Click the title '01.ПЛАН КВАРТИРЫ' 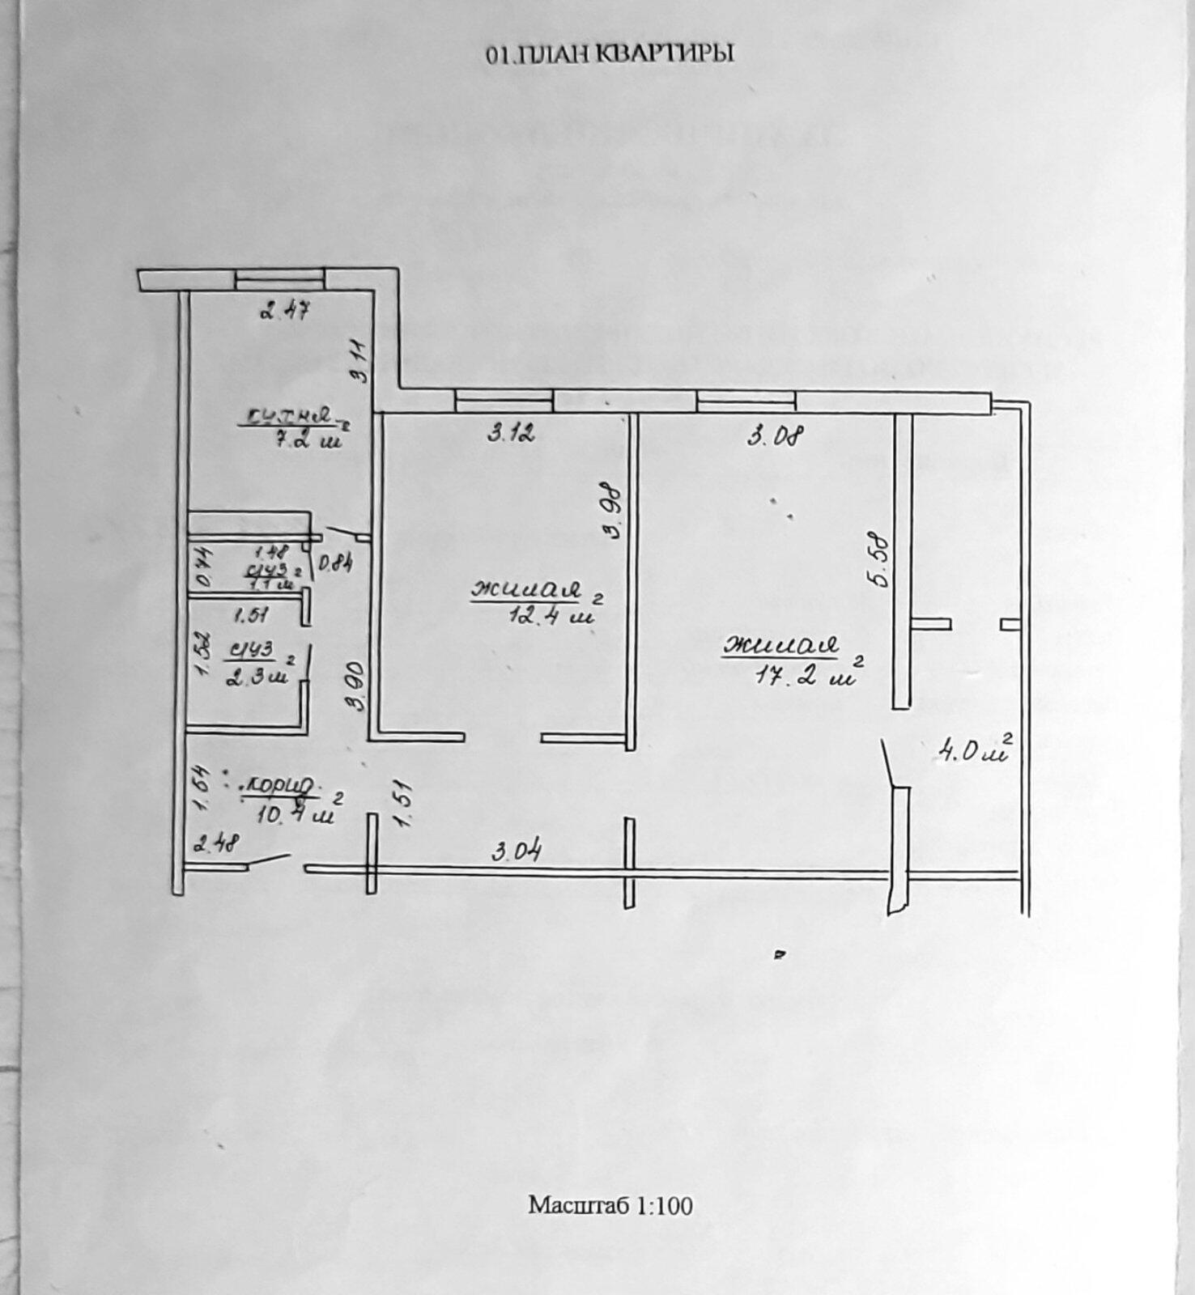pyautogui.click(x=610, y=54)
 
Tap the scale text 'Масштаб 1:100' pyautogui.click(x=610, y=1205)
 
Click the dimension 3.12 pyautogui.click(x=511, y=434)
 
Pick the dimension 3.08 pyautogui.click(x=774, y=437)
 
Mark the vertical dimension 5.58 pyautogui.click(x=881, y=558)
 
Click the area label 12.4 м pyautogui.click(x=551, y=614)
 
